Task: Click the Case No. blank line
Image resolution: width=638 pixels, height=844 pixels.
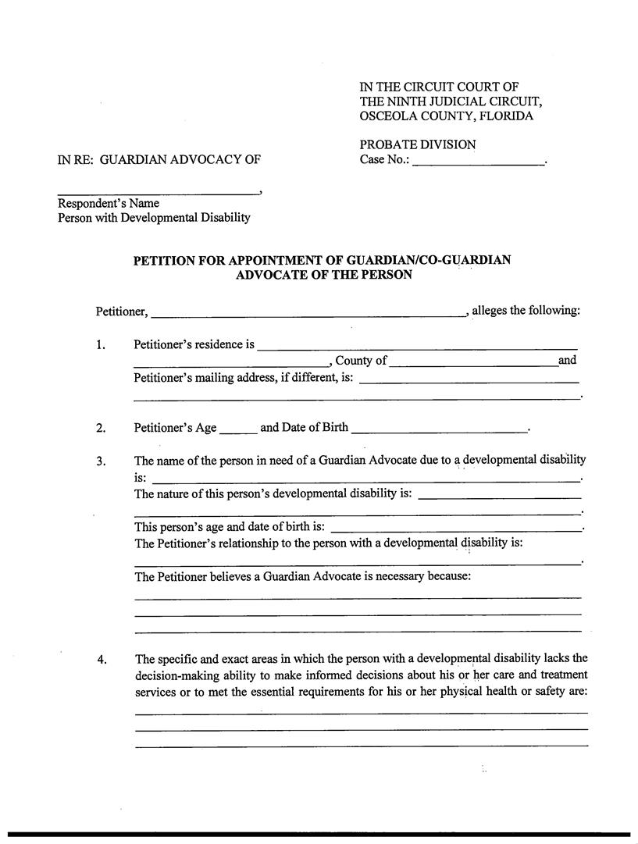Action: (478, 162)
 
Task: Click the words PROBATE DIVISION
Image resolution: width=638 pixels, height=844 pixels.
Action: (417, 144)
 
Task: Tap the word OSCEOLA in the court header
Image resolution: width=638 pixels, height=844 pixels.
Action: (384, 116)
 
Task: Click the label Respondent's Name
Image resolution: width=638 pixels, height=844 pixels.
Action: (109, 203)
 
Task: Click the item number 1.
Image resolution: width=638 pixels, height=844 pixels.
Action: (101, 345)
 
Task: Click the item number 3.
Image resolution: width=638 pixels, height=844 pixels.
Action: (101, 461)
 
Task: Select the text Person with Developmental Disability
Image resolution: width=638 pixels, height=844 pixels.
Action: (154, 218)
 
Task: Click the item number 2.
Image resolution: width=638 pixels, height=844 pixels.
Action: (101, 428)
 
